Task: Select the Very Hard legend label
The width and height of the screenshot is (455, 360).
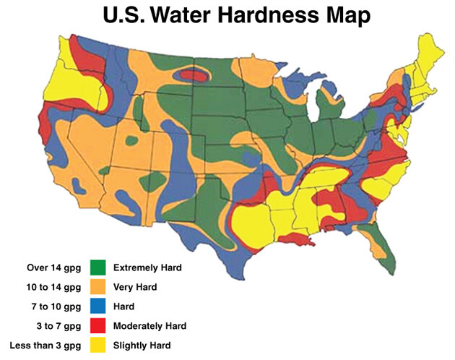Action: pyautogui.click(x=136, y=287)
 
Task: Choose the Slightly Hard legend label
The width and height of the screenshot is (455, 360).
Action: pyautogui.click(x=144, y=346)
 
